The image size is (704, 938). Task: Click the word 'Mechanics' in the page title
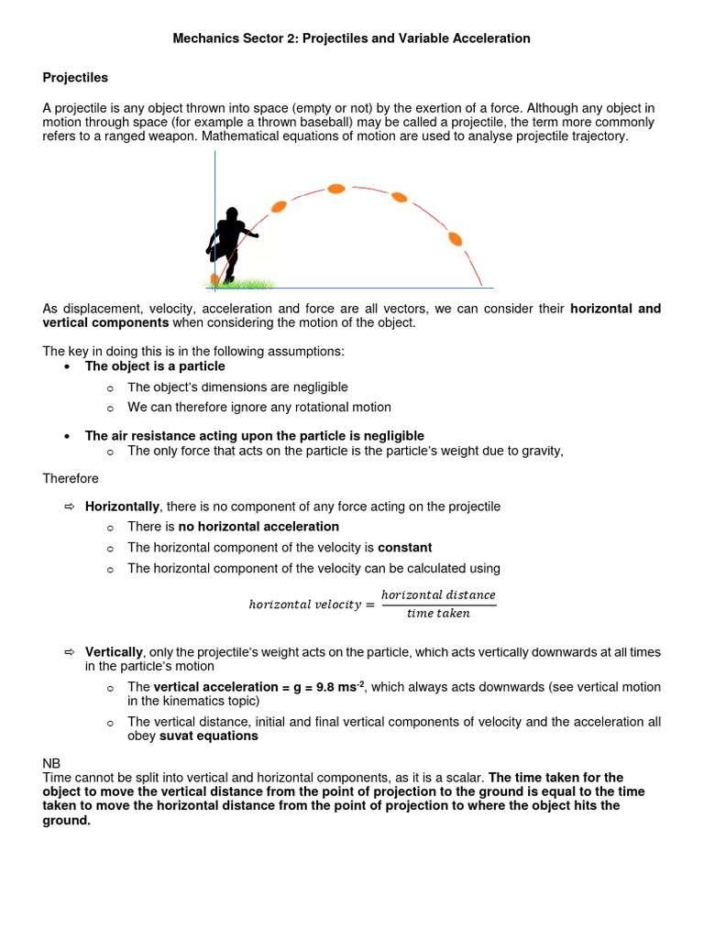point(204,38)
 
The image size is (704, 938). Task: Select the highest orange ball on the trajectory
point(336,189)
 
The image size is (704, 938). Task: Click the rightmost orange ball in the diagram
point(455,239)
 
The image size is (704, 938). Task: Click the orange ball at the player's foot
point(214,278)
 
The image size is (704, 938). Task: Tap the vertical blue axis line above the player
point(214,179)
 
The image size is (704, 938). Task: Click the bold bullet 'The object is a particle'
point(155,365)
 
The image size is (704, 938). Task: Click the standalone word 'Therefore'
point(71,478)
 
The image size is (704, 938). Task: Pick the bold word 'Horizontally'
point(122,507)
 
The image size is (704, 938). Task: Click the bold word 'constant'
point(404,548)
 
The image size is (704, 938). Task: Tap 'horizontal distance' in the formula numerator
point(438,595)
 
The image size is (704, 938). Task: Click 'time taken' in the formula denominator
point(438,614)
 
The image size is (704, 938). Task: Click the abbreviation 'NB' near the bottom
point(51,762)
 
